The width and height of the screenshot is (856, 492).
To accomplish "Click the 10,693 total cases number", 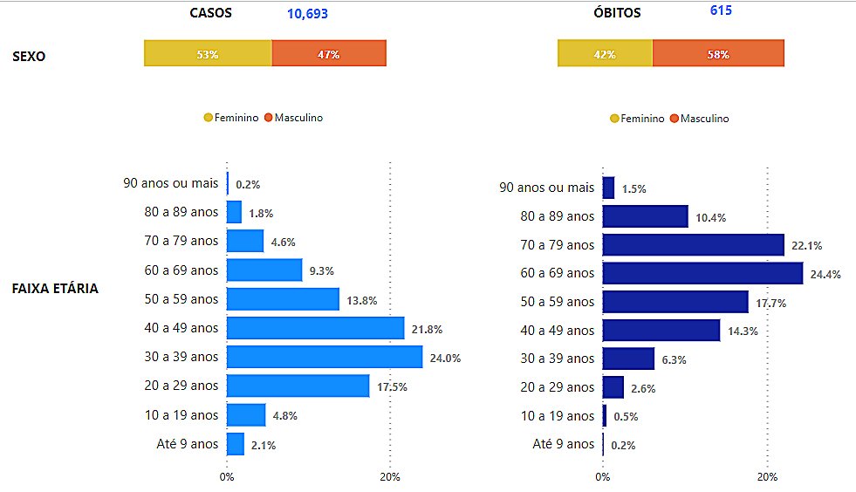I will (x=307, y=14).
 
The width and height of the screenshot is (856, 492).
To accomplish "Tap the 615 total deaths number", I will (x=721, y=10).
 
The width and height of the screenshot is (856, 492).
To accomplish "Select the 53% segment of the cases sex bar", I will (x=208, y=53).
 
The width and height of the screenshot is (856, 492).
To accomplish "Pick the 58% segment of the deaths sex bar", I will (x=718, y=53).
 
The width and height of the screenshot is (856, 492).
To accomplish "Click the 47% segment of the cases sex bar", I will (x=329, y=53).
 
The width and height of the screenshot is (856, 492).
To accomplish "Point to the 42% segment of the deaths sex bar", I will (x=605, y=53).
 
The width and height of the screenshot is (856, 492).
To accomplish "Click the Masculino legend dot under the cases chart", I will (x=269, y=118).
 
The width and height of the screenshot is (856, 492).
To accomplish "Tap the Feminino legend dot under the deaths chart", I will (x=614, y=119).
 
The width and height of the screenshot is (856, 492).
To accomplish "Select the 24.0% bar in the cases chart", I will (x=325, y=357).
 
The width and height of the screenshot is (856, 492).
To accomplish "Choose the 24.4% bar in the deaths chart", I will (x=702, y=273).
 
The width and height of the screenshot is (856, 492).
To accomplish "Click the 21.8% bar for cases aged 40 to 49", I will (x=315, y=328).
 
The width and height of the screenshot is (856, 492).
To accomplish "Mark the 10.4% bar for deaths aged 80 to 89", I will (x=645, y=216).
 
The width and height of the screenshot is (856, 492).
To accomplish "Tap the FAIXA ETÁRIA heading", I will (x=55, y=288).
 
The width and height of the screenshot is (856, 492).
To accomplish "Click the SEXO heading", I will (x=29, y=57).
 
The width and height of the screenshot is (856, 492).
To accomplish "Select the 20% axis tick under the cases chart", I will (x=390, y=477).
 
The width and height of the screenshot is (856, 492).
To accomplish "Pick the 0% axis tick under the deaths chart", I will (x=602, y=477).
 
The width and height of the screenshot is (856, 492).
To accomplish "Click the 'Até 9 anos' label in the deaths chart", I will (x=563, y=444).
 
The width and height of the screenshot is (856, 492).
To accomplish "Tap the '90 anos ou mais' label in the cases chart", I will (x=170, y=183).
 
